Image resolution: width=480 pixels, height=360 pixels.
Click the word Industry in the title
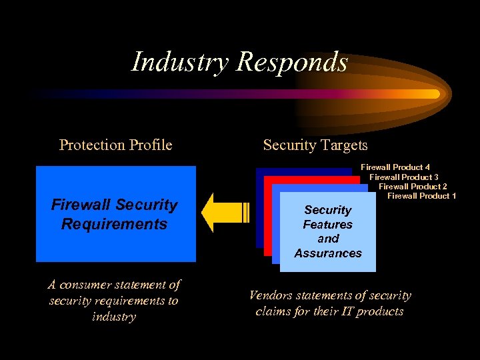180,62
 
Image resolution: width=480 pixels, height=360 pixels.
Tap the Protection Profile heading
115,145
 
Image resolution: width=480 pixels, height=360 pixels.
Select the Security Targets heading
315,145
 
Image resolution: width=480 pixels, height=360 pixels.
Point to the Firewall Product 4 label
395,167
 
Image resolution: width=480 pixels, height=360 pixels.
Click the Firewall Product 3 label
404,177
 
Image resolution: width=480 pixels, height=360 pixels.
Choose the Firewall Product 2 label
413,186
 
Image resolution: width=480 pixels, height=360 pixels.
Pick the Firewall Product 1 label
421,195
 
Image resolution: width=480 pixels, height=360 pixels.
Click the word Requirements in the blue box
114,224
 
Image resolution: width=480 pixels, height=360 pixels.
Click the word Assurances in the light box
328,253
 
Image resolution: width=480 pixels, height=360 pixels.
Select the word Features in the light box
328,225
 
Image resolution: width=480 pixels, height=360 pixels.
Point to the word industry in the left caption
114,316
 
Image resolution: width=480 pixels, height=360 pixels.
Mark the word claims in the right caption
274,311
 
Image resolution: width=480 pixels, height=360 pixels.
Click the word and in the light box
328,239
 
